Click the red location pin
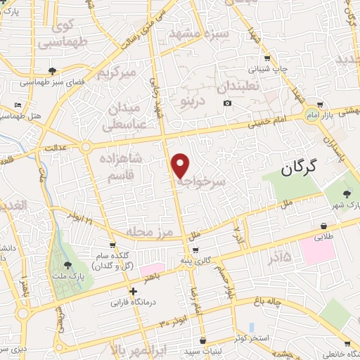[x=181, y=165]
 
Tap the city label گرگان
[x=299, y=167]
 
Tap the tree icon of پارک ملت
[x=68, y=265]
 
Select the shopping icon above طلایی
[x=323, y=226]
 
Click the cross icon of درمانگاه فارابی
[x=133, y=291]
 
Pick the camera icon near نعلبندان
[x=227, y=104]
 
